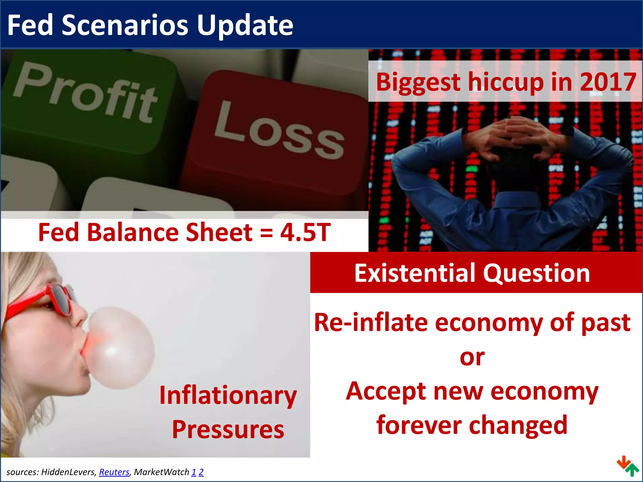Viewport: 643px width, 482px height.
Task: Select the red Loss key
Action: (276, 132)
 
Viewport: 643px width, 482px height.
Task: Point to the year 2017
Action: (608, 82)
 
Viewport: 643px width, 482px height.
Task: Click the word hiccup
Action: (505, 82)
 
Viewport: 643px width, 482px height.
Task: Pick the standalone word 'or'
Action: (472, 358)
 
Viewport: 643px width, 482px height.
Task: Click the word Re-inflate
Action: (370, 323)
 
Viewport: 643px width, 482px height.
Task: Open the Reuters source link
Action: (114, 472)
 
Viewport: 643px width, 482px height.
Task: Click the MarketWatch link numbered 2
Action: (201, 472)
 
